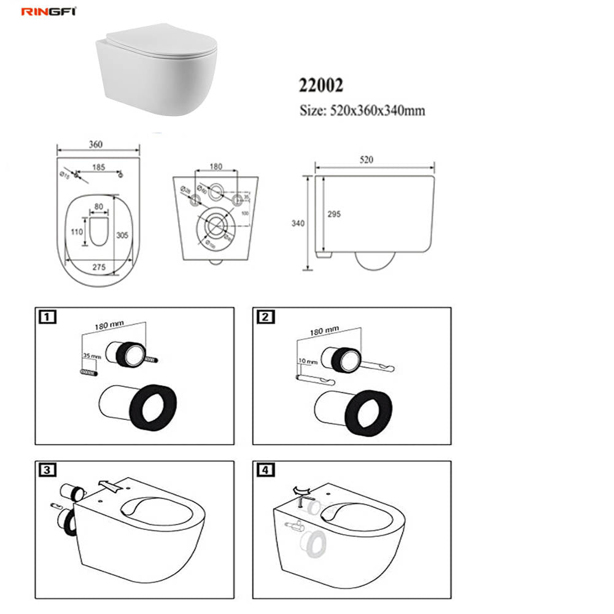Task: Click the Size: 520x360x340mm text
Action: pyautogui.click(x=362, y=111)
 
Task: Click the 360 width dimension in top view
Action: pyautogui.click(x=96, y=144)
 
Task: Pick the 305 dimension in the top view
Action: pyautogui.click(x=123, y=235)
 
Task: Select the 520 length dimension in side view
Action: pyautogui.click(x=367, y=160)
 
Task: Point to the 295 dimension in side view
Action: pyautogui.click(x=334, y=214)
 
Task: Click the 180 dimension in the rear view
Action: pyautogui.click(x=216, y=166)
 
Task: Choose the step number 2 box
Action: pyautogui.click(x=263, y=317)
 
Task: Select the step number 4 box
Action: pyautogui.click(x=263, y=470)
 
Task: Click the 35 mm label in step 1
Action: pyautogui.click(x=91, y=356)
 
